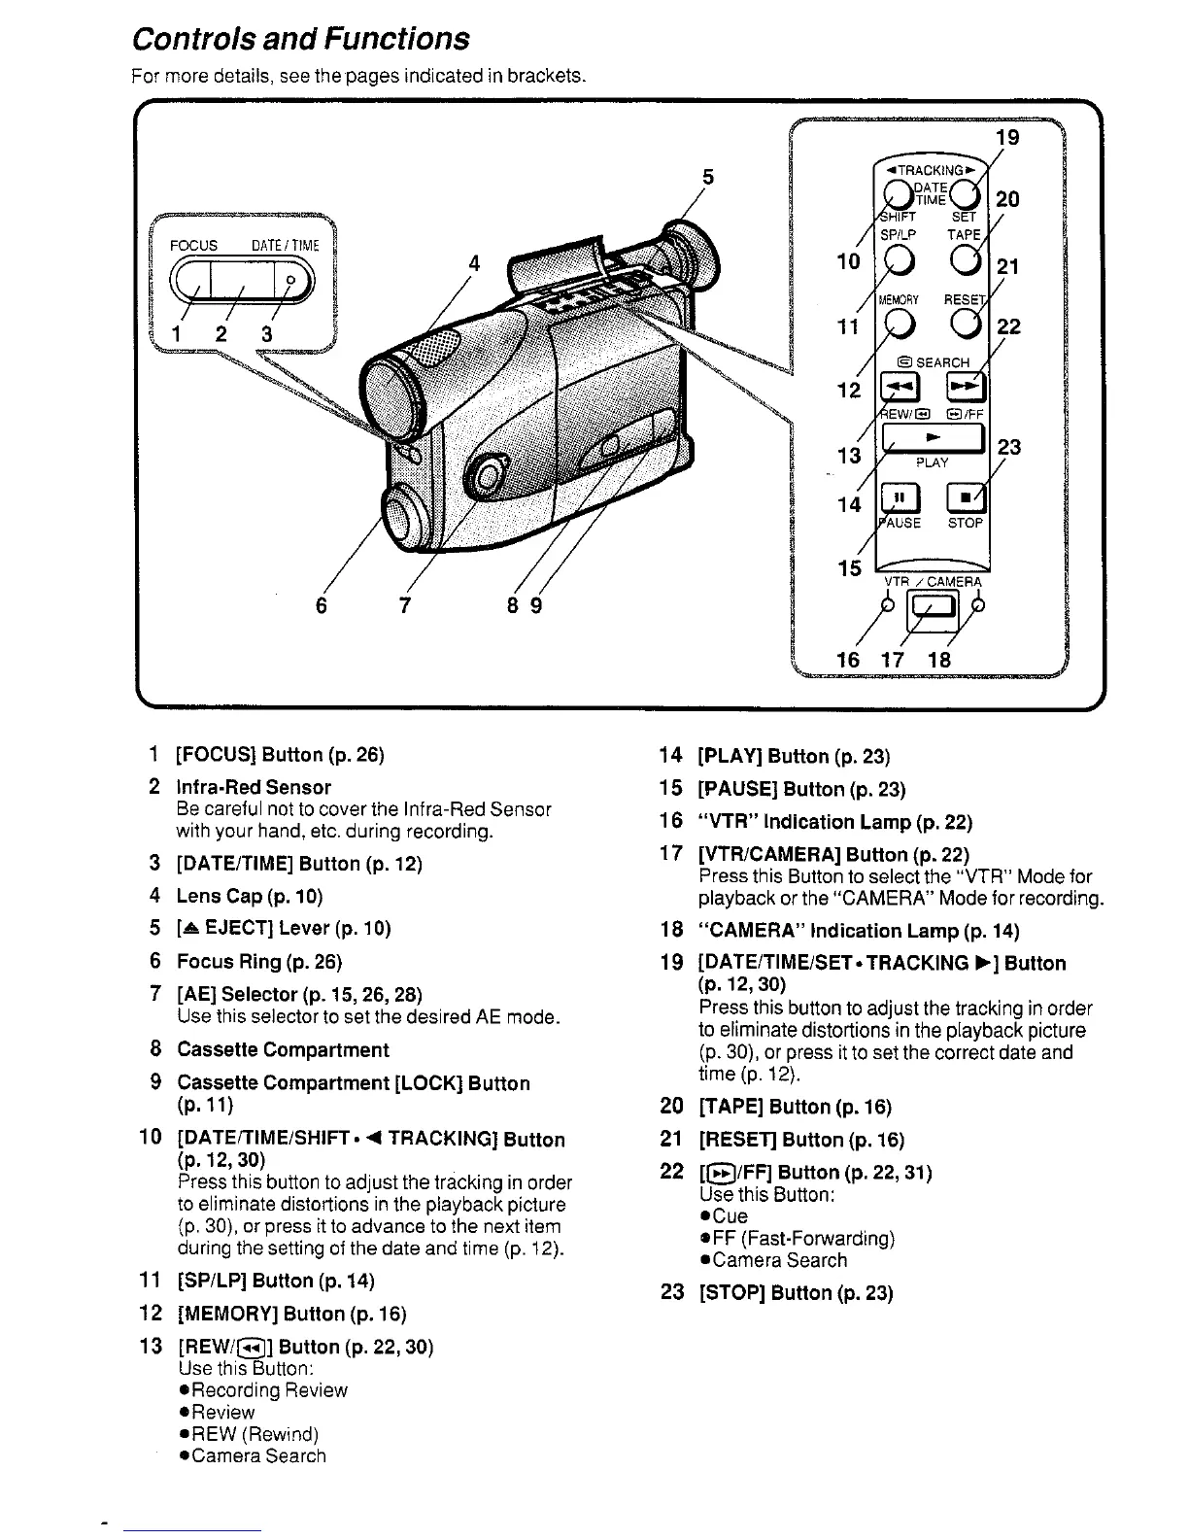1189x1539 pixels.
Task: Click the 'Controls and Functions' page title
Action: [x=300, y=39]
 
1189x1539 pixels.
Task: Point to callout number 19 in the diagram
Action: [x=1008, y=137]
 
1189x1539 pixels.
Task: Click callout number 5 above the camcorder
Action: [x=708, y=178]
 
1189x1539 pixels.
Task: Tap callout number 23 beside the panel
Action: [x=1009, y=447]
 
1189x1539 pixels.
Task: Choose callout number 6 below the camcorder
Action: [x=322, y=606]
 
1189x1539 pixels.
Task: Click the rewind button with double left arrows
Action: [x=897, y=388]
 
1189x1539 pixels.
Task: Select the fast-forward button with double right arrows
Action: [x=968, y=388]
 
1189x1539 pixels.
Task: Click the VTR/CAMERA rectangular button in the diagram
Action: [x=933, y=610]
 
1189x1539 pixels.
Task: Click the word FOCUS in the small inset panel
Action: [x=193, y=246]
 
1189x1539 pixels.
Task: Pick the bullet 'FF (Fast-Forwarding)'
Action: [x=802, y=1238]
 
